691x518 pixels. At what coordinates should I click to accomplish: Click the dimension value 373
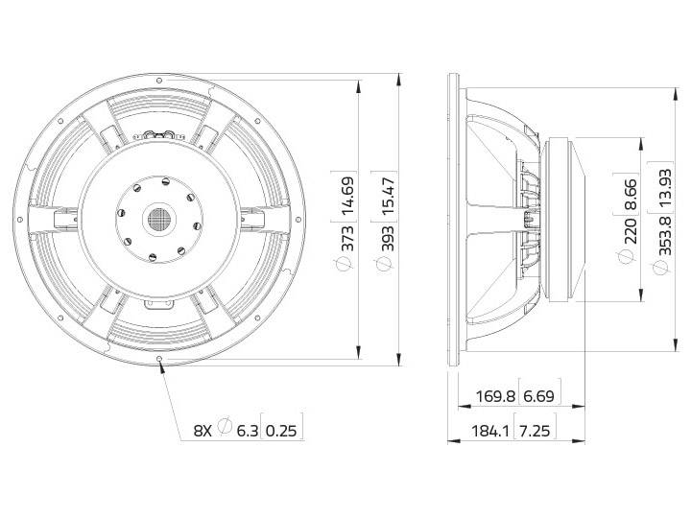tap(347, 238)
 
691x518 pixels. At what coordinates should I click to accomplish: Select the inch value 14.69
tap(347, 195)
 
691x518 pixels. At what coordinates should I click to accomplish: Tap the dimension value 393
tap(388, 238)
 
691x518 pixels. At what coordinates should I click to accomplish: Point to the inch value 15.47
tap(388, 196)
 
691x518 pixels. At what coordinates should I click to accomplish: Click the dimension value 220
tap(631, 231)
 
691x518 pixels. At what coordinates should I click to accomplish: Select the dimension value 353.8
tap(665, 236)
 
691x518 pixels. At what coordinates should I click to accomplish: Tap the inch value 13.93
tap(665, 187)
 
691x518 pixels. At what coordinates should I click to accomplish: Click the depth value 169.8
tap(495, 396)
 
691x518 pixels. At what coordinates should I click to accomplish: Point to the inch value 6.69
tap(538, 396)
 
